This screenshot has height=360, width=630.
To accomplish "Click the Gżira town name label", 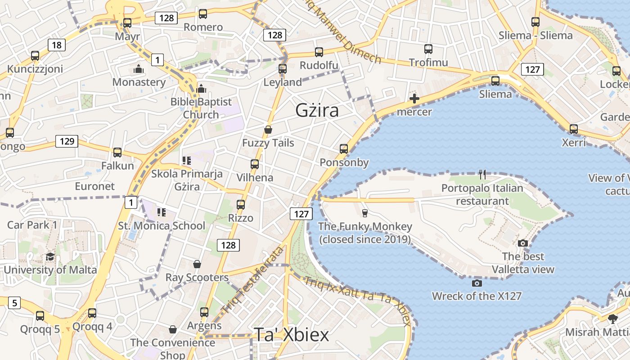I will [x=317, y=110].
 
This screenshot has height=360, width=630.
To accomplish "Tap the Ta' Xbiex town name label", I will [x=292, y=335].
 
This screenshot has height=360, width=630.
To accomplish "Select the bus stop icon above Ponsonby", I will [x=344, y=148].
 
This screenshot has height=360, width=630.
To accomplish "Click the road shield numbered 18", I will [x=56, y=45].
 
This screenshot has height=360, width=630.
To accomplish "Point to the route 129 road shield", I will [x=67, y=141].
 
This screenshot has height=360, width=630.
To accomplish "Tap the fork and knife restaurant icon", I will [x=482, y=174].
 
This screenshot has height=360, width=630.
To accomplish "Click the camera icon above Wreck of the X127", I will [x=477, y=283].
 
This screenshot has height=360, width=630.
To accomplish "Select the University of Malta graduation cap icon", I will [x=50, y=256].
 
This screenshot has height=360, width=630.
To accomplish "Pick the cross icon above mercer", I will [x=414, y=98].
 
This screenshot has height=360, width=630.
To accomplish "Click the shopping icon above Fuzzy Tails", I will [x=268, y=130].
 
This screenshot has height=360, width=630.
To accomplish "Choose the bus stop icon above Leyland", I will [x=283, y=69].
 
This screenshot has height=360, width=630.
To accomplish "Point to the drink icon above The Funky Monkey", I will [x=365, y=213].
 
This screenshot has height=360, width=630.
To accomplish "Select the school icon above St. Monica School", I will [x=161, y=212].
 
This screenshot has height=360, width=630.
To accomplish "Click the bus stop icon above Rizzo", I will [x=241, y=205].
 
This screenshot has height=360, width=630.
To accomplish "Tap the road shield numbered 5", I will [x=14, y=303].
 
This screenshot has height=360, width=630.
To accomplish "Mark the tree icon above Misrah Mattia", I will [x=612, y=319].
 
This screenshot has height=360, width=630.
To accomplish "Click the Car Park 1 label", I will [x=32, y=225].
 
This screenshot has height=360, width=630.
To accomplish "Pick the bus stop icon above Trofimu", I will [x=428, y=49].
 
